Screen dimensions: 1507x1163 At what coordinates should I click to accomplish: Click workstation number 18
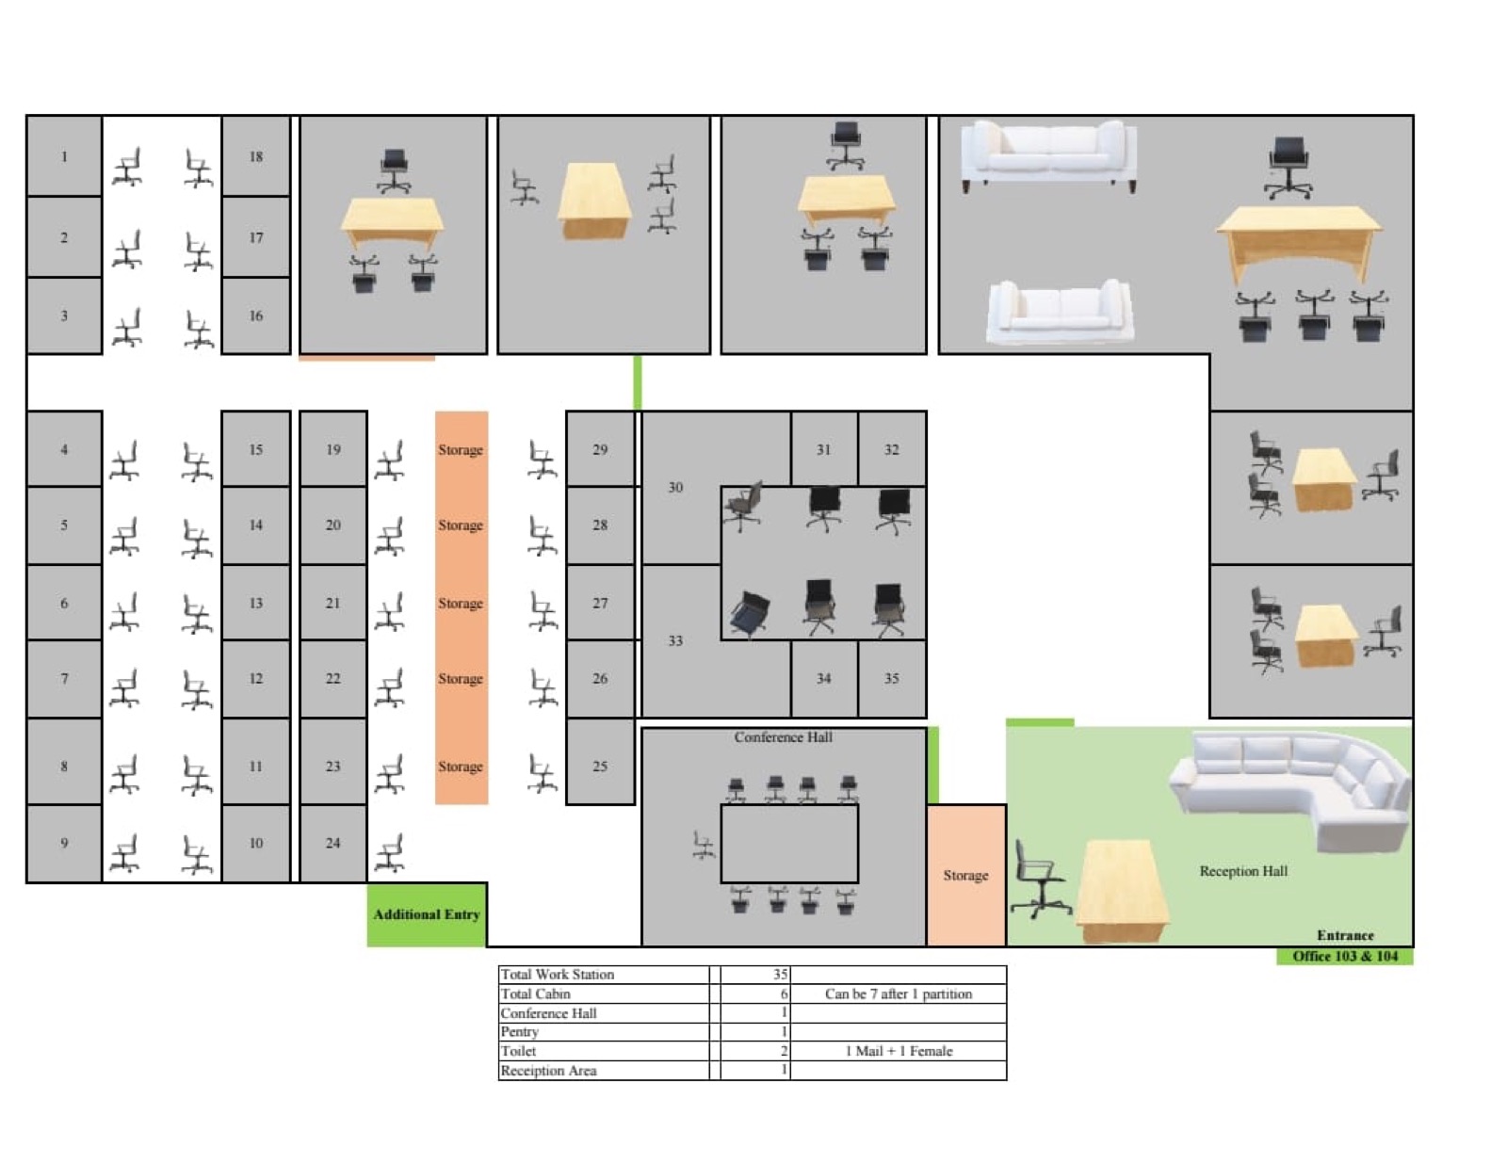tap(255, 156)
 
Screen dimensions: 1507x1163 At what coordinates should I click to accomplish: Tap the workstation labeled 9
tap(64, 843)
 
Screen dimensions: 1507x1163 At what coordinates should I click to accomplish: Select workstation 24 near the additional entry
tap(332, 843)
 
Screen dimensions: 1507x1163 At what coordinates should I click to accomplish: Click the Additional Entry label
tap(427, 914)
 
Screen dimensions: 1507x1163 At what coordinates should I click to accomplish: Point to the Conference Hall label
tap(783, 737)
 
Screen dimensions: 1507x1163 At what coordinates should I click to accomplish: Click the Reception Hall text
tap(1243, 871)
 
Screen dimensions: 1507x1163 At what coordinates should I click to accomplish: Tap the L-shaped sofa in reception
tap(1290, 790)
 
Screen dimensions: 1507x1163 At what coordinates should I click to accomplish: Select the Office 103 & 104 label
tap(1345, 957)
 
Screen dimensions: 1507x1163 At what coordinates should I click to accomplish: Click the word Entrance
tap(1345, 935)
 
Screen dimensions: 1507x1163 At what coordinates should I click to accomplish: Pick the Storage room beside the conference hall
tap(966, 876)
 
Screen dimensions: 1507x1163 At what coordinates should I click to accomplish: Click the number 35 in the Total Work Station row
tap(780, 975)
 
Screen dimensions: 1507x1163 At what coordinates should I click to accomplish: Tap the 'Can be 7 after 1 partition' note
tap(899, 993)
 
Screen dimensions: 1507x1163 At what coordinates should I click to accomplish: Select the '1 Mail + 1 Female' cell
tap(899, 1051)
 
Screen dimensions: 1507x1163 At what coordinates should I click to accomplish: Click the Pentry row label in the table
tap(519, 1032)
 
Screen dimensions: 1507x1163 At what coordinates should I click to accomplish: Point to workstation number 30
tap(675, 487)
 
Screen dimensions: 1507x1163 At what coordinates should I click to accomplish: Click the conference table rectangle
tap(790, 844)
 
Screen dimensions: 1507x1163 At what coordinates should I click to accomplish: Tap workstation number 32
tap(892, 449)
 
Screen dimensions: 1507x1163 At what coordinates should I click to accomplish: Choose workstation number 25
tap(600, 766)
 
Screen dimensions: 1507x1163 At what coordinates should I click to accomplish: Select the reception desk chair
tap(1040, 879)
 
